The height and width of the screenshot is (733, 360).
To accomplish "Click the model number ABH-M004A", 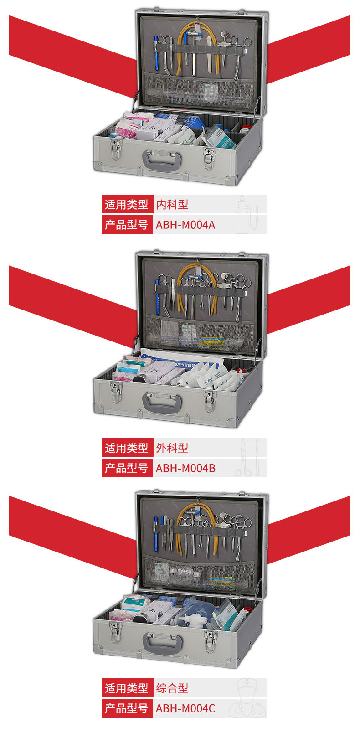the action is pos(185,225).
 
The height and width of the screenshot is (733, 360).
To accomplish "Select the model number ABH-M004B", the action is pos(185,468).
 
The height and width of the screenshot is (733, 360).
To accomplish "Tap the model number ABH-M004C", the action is pos(185,708).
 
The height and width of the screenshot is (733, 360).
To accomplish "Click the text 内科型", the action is pos(172,205).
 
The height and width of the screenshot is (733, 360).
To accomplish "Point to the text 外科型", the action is pos(172,448).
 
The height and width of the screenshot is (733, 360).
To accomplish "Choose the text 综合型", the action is pos(172,688).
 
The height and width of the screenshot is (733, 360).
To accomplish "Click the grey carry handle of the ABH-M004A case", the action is pos(162,160).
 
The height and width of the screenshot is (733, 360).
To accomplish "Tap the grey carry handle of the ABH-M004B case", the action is pos(162,403).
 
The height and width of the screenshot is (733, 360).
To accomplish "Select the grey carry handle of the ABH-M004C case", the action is pos(162,643).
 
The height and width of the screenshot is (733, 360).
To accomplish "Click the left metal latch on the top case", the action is pos(115,149).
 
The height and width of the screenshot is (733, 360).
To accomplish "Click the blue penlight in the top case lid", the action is pos(156,52).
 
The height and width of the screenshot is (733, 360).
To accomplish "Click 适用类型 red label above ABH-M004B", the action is pos(127,448).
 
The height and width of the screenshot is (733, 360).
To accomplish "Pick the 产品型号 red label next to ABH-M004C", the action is pos(127,708).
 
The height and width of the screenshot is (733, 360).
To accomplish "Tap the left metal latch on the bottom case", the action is pos(115,632).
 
